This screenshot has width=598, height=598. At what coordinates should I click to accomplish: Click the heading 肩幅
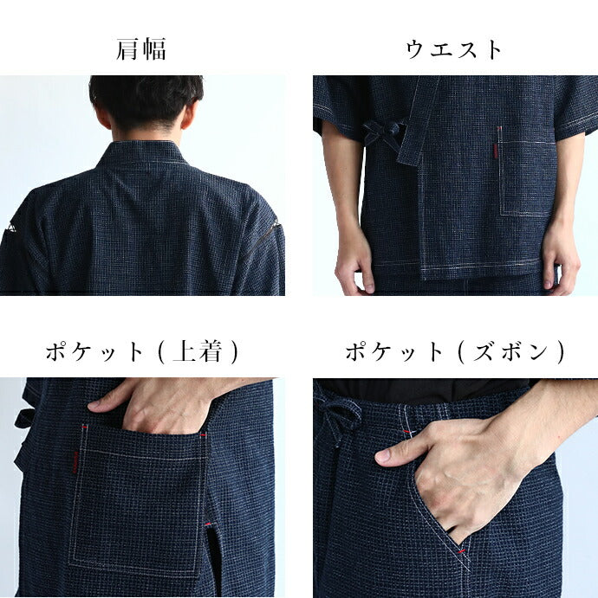(141, 49)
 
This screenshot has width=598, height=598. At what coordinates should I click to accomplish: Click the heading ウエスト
(453, 50)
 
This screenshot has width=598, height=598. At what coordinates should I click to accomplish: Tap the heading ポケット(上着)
(142, 351)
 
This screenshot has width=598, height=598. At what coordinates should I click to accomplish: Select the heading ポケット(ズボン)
(455, 351)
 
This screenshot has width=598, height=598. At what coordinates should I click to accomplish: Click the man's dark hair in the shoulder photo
(146, 100)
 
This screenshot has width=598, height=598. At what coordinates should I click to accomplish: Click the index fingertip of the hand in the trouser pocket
(383, 455)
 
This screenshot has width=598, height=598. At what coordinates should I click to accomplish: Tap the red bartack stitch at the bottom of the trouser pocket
(462, 552)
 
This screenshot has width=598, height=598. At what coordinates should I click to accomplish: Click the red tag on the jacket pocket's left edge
(75, 462)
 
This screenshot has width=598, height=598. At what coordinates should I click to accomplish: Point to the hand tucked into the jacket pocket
(153, 408)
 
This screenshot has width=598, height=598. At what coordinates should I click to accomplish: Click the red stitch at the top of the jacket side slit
(208, 524)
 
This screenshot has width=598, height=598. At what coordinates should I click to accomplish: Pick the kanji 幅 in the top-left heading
(154, 49)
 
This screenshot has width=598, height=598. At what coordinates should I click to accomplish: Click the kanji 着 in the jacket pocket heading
(210, 351)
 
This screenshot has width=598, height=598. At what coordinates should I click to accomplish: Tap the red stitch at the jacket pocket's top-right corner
(203, 434)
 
